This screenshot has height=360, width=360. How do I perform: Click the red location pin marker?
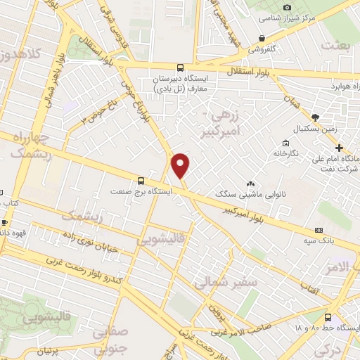coord(181,165)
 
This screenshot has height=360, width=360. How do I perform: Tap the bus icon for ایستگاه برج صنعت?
coord(141,180)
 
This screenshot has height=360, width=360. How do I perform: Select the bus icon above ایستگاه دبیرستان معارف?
coord(181,68)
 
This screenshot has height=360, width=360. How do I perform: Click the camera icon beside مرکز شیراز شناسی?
coord(286,7)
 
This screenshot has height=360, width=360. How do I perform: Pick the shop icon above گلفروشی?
coord(262,38)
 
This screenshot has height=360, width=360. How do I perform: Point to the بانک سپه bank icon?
coord(319,230)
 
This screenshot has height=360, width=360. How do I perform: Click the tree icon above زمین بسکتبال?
coord(314,117)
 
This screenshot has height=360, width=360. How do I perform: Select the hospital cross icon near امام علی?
coord(339,148)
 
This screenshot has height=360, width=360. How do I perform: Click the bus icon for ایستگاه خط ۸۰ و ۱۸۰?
coord(328,316)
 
